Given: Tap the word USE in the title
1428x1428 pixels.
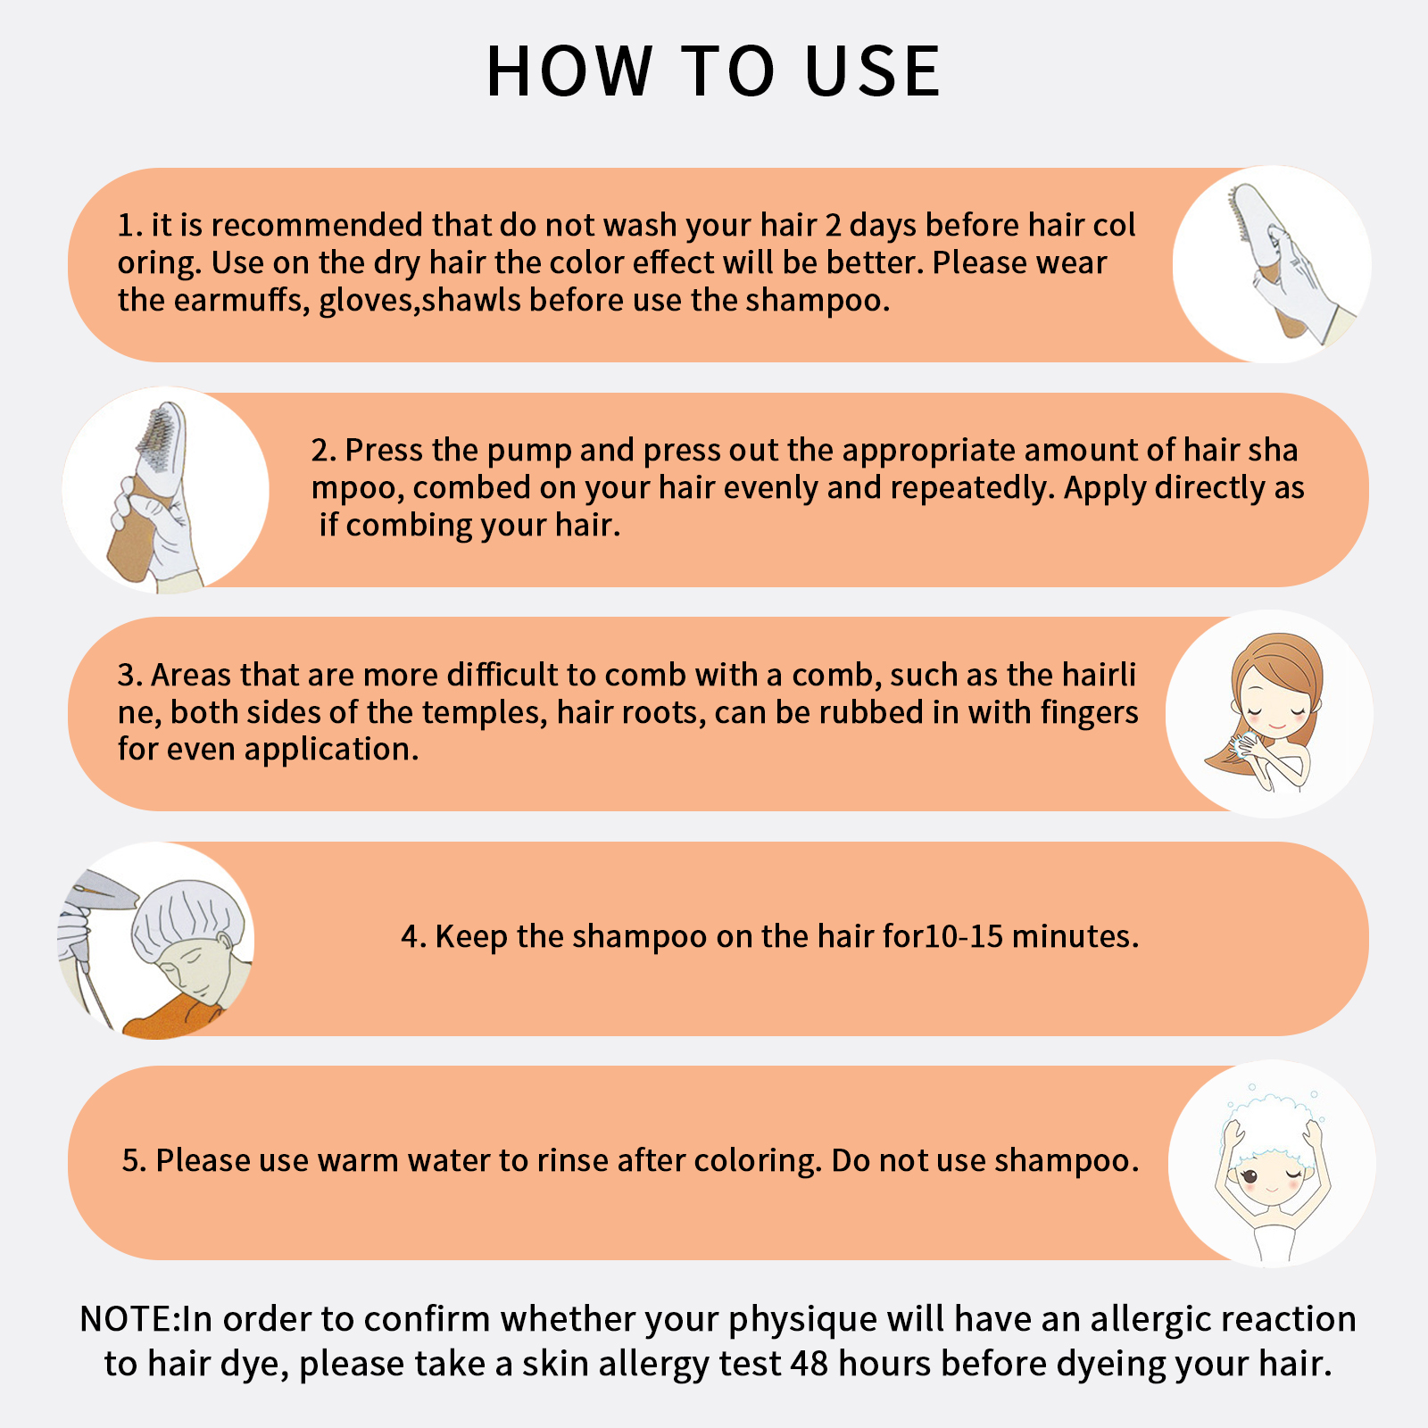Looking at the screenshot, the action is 873,71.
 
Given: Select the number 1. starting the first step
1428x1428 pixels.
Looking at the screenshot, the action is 130,226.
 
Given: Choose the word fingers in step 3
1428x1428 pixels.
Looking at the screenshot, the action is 1089,713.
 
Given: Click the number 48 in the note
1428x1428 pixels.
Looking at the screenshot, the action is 809,1364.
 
